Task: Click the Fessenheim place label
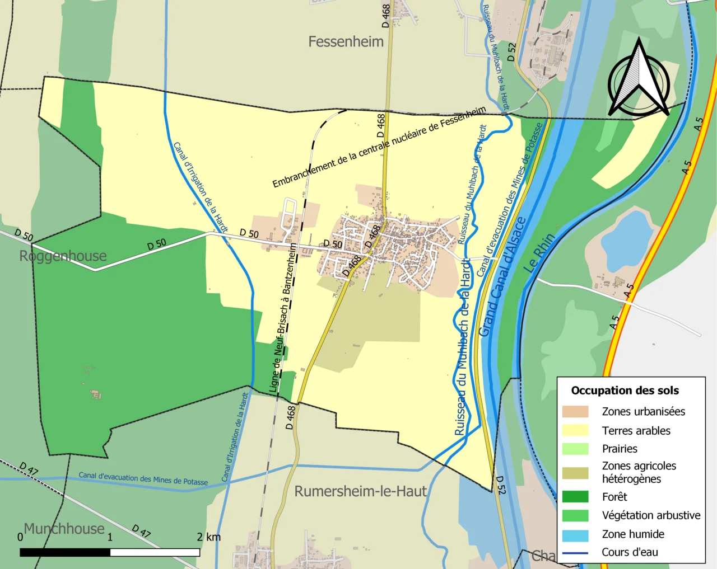click(346, 42)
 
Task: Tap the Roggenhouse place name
click(63, 256)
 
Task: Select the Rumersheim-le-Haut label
click(360, 491)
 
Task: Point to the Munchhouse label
click(64, 529)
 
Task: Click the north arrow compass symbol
click(639, 81)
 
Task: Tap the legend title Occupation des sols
click(625, 391)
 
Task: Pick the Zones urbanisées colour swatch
click(575, 412)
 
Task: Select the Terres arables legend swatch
click(575, 430)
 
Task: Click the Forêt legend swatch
click(575, 497)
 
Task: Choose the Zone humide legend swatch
click(575, 535)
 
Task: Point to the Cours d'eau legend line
click(575, 553)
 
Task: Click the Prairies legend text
click(620, 449)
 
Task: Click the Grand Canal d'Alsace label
click(502, 277)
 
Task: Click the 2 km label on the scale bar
click(208, 537)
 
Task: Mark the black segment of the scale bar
click(65, 552)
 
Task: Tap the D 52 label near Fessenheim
click(511, 53)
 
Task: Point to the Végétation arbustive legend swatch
click(575, 515)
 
